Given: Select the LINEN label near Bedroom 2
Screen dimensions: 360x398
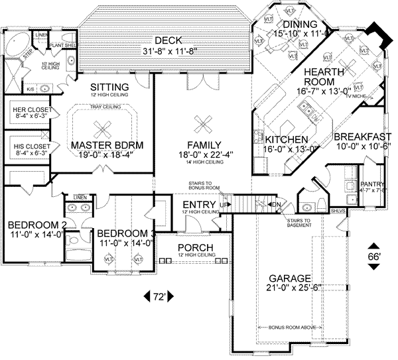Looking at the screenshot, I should [80, 197].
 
